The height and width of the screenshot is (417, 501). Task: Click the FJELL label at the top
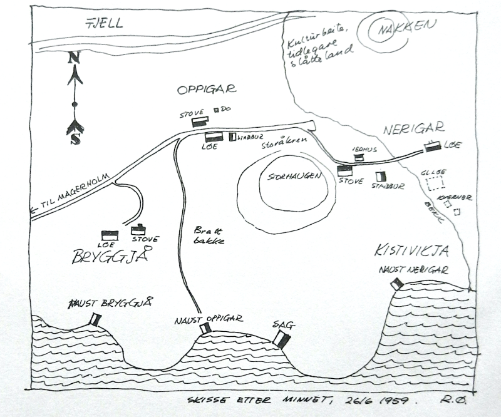tap(105, 24)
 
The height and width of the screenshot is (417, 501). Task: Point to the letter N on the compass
tap(75, 58)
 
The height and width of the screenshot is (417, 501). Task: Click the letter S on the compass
tap(75, 139)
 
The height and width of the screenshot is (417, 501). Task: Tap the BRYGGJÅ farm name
tap(109, 256)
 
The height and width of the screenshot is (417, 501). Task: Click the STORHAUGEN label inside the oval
tap(293, 177)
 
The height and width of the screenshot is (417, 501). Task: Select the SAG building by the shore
tap(281, 339)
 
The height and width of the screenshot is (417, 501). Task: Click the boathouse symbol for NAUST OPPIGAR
tap(205, 329)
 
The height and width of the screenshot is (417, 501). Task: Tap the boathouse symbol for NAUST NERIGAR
tap(396, 284)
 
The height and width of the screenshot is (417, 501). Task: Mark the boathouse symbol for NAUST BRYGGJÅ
tap(95, 319)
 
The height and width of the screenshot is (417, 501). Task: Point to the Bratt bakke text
tap(210, 235)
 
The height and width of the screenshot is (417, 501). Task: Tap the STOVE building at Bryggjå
tap(139, 230)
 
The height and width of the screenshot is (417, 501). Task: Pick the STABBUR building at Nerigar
tap(380, 177)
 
